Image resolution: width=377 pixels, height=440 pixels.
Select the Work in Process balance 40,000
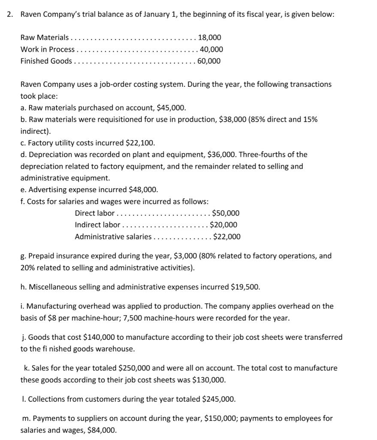pyautogui.click(x=211, y=49)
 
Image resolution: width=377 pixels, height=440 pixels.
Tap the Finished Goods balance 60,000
pyautogui.click(x=209, y=61)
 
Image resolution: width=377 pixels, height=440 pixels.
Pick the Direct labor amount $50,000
pyautogui.click(x=226, y=213)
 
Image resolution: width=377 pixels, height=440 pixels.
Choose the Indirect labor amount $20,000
pyautogui.click(x=223, y=225)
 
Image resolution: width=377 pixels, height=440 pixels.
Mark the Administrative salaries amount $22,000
pyautogui.click(x=226, y=236)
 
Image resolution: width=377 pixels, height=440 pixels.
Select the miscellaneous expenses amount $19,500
pyautogui.click(x=245, y=287)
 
